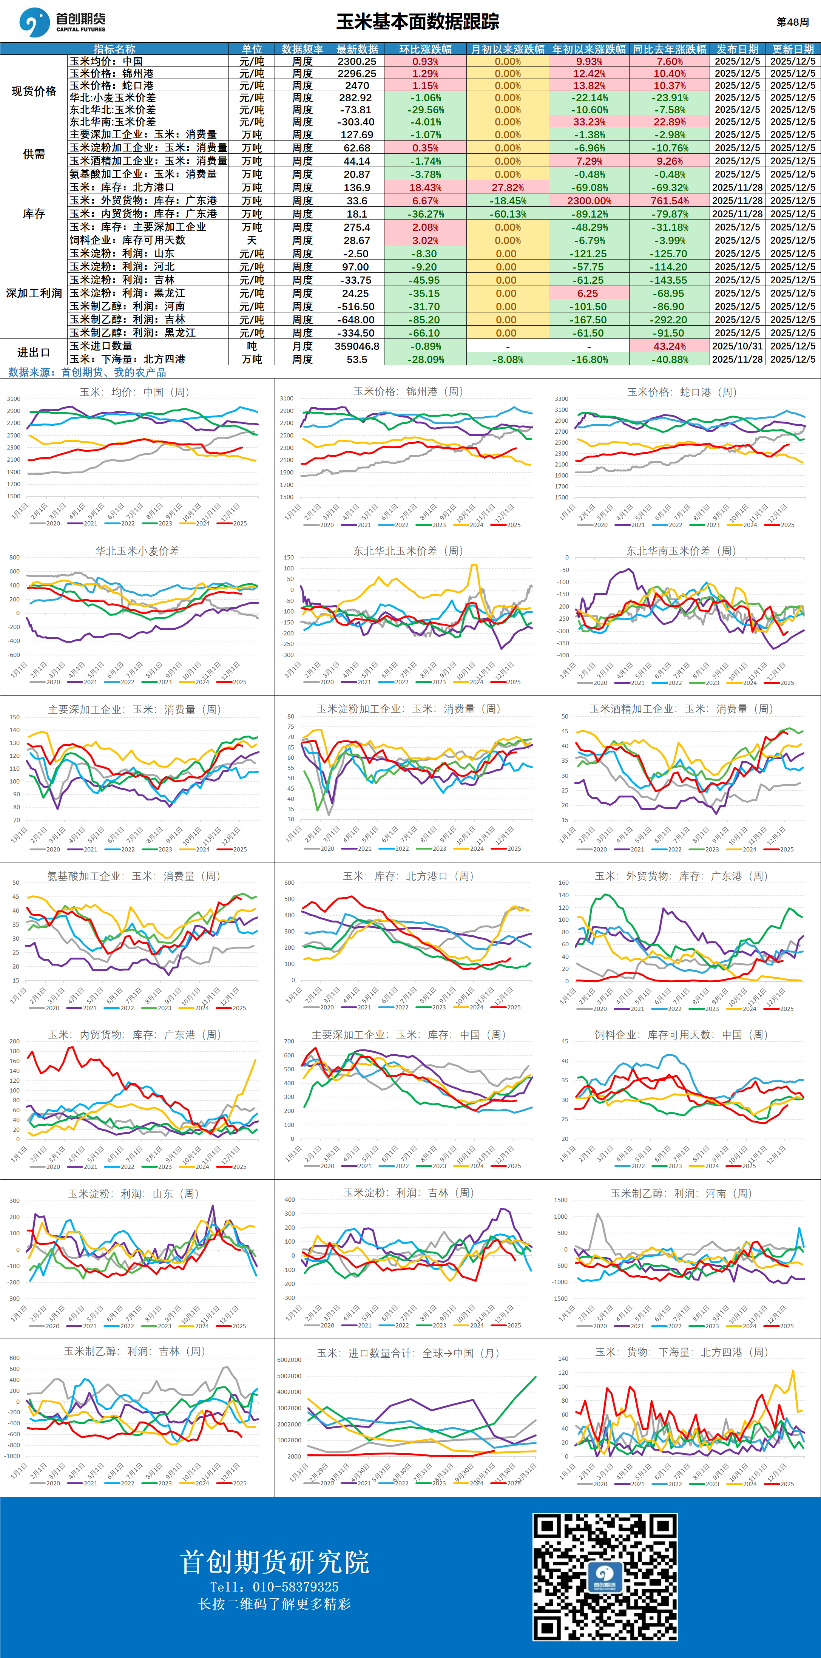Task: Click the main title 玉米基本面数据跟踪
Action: click(x=418, y=22)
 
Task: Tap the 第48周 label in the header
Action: click(x=793, y=22)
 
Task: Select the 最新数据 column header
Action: click(x=357, y=49)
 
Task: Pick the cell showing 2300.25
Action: click(x=357, y=61)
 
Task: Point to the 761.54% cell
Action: click(x=669, y=201)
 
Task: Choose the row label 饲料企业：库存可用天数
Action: click(x=127, y=240)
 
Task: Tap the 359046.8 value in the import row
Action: click(x=357, y=346)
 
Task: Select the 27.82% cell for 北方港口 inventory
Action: click(x=508, y=187)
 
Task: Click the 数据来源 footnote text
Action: click(x=87, y=372)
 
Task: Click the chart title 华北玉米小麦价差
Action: click(x=137, y=551)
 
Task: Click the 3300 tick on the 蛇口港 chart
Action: click(x=561, y=399)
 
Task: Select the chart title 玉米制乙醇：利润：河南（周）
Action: click(x=681, y=1193)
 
